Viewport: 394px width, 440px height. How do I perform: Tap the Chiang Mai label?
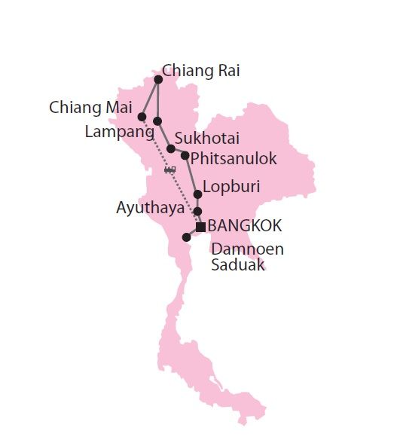tap(91, 107)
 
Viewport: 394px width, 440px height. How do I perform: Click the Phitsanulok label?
tap(234, 158)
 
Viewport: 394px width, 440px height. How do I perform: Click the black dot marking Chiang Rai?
tap(158, 79)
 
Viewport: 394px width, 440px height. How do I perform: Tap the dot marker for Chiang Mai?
tap(142, 116)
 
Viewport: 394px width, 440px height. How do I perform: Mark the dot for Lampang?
tap(157, 121)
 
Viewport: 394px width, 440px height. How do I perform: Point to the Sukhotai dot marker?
tap(171, 148)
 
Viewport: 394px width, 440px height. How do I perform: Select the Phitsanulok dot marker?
tap(185, 155)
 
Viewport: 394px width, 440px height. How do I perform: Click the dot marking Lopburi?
tap(197, 194)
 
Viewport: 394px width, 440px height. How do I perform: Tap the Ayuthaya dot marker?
tap(197, 211)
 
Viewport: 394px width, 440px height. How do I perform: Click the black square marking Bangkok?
tap(200, 227)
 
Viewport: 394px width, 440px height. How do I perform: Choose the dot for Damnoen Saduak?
tap(186, 237)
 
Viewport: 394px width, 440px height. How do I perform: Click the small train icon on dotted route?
tap(170, 170)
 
